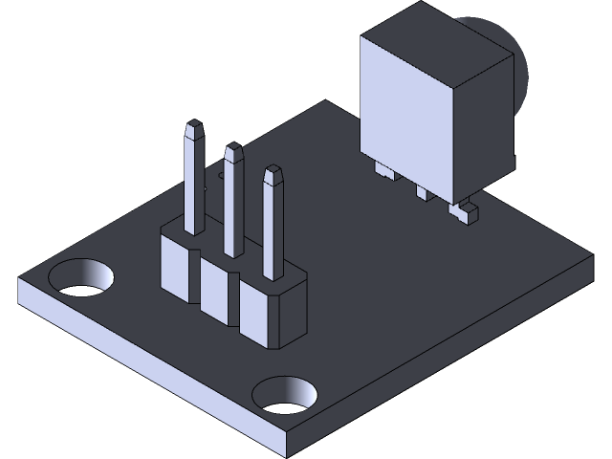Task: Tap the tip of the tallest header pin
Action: coord(194,126)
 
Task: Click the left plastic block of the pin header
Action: coord(178,263)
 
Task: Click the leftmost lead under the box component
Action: coord(385,171)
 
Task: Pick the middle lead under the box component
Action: coord(422,193)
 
